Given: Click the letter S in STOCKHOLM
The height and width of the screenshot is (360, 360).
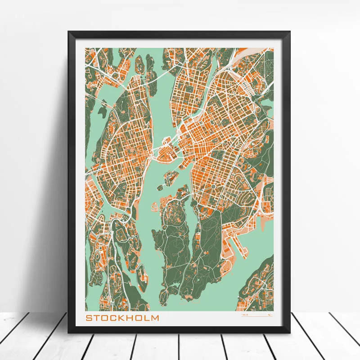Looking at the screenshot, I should pyautogui.click(x=89, y=318).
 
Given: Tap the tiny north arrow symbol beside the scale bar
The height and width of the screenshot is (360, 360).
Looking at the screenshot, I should pyautogui.click(x=269, y=316).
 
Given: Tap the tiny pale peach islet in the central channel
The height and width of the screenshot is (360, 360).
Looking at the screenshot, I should pyautogui.click(x=154, y=207).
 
